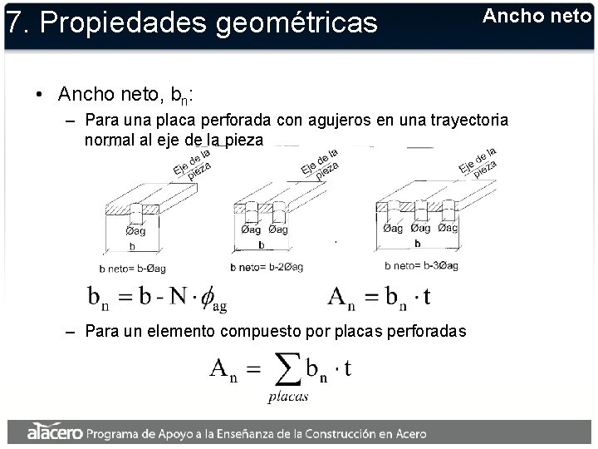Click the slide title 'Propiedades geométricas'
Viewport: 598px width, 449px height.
point(208,22)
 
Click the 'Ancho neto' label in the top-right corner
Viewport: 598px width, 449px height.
point(536,16)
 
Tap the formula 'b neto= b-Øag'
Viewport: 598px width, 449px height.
point(132,268)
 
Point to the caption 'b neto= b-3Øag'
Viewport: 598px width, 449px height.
point(421,266)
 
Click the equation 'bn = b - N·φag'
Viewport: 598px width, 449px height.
point(157,297)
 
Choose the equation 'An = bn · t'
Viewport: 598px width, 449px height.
point(379,296)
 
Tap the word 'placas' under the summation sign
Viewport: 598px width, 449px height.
point(287,397)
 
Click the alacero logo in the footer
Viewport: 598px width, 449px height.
point(54,432)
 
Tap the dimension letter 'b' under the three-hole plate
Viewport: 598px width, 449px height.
point(417,244)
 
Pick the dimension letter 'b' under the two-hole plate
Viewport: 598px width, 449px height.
point(261,245)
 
